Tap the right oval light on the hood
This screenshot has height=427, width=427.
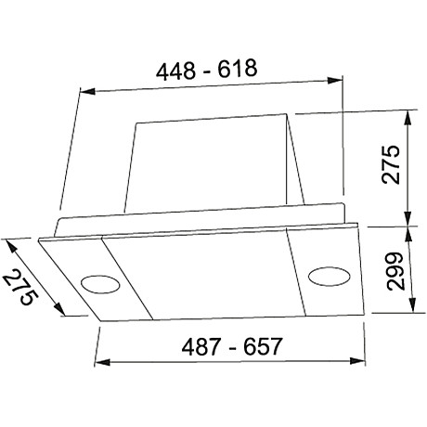point(326,274)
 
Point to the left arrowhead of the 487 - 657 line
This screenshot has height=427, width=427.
point(100,362)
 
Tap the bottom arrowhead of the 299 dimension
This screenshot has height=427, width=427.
point(408,313)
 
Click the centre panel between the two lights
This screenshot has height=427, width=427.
point(200,274)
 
